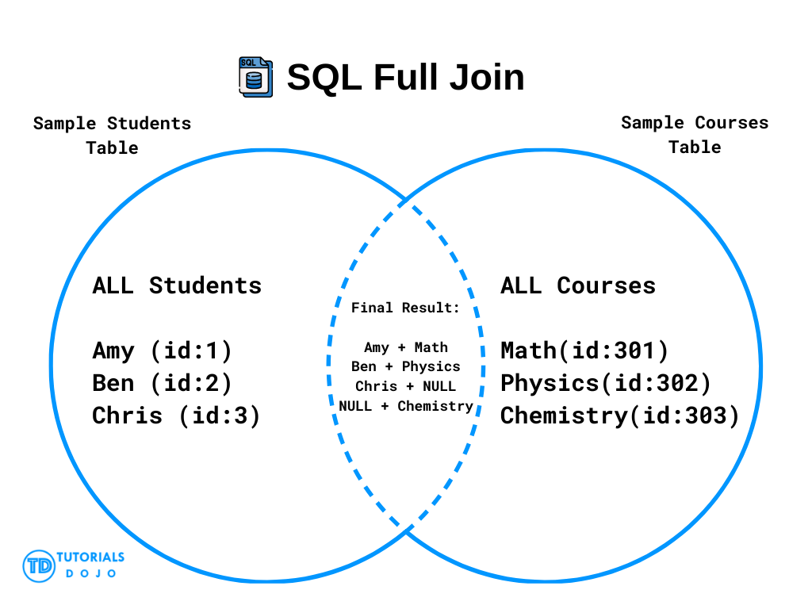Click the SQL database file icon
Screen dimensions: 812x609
click(x=255, y=77)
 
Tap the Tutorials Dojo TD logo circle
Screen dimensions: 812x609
click(x=39, y=566)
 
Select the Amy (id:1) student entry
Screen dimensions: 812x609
click(x=162, y=351)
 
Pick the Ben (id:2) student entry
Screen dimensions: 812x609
click(x=162, y=384)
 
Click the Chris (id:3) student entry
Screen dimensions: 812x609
click(x=176, y=416)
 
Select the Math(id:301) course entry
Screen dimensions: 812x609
click(x=584, y=351)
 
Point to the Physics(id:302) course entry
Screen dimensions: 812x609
click(x=606, y=384)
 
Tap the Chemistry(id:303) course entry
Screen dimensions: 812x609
click(x=620, y=416)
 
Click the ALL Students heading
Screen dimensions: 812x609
click(x=177, y=285)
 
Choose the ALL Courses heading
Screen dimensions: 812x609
click(x=578, y=285)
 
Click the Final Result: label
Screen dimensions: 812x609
click(x=405, y=308)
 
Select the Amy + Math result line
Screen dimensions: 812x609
click(x=406, y=347)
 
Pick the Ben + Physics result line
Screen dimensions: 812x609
click(x=405, y=366)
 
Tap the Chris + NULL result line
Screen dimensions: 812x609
click(x=405, y=386)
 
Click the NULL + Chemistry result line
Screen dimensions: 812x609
click(x=406, y=406)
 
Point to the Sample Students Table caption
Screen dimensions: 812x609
click(x=112, y=136)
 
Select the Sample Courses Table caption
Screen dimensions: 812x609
click(x=695, y=135)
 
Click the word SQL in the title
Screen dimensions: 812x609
click(x=324, y=77)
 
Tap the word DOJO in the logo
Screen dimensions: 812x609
click(x=90, y=573)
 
